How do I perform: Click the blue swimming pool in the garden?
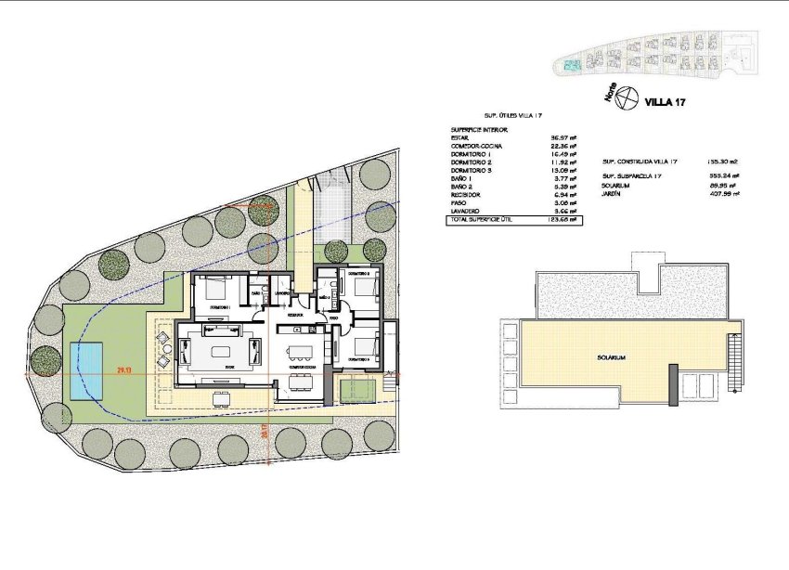tap(84, 369)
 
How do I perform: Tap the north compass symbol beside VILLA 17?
tap(628, 96)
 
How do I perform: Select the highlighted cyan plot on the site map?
tap(571, 65)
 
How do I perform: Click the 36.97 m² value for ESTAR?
tap(565, 139)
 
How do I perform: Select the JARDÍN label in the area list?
tap(611, 193)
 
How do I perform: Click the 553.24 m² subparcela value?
tap(723, 175)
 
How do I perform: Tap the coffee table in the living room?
tap(222, 351)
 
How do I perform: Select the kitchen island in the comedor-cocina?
tap(298, 350)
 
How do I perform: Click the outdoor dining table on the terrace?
tap(221, 399)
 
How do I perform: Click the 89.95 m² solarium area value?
tap(723, 185)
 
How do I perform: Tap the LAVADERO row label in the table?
tap(467, 212)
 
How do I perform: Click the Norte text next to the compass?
tap(610, 91)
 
